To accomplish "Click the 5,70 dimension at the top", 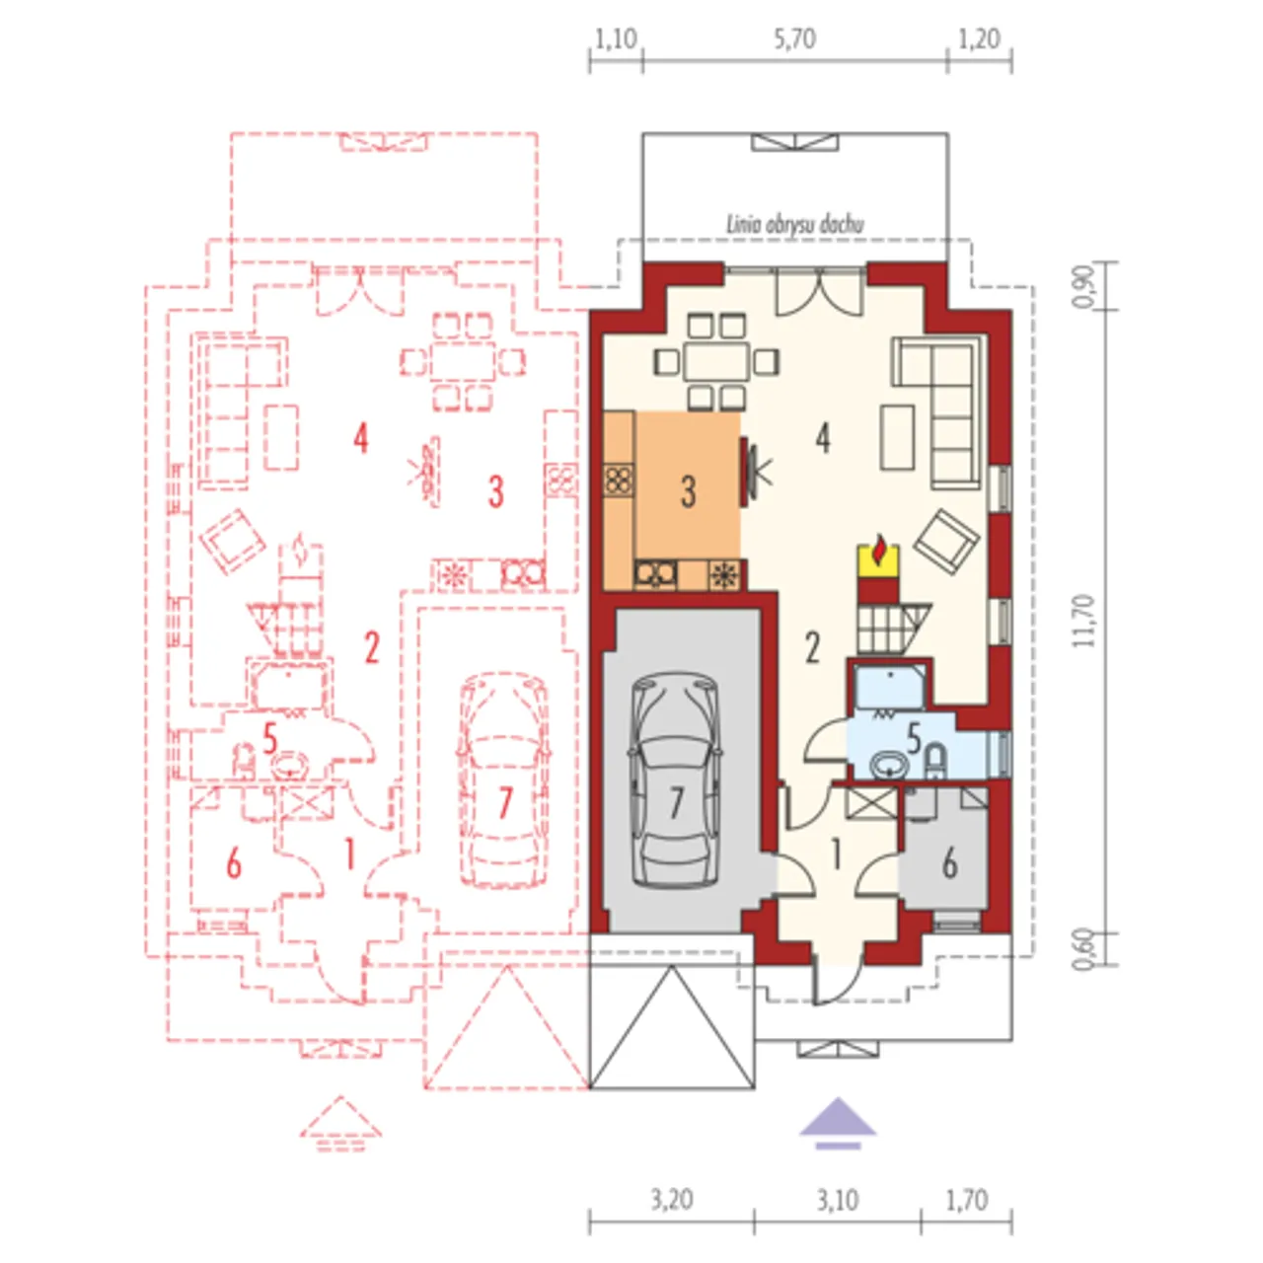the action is pos(794,40).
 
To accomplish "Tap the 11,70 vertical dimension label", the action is pos(1084,620).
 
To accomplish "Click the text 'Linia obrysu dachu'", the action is pos(795,225).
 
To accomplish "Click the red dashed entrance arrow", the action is pos(340,1125).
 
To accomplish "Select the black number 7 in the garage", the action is pos(677,803).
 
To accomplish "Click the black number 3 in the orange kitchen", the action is pos(688,491).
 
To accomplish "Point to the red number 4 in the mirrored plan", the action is pos(360,438).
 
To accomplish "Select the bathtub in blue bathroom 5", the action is pos(889,686).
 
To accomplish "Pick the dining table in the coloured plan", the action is pos(716,360).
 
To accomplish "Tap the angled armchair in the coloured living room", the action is pos(947,542).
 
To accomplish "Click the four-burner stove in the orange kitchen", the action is pos(620,480).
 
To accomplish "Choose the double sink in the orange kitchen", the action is pos(655,574).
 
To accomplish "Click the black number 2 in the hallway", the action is pos(812,647).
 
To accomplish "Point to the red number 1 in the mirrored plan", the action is pos(350,855).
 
